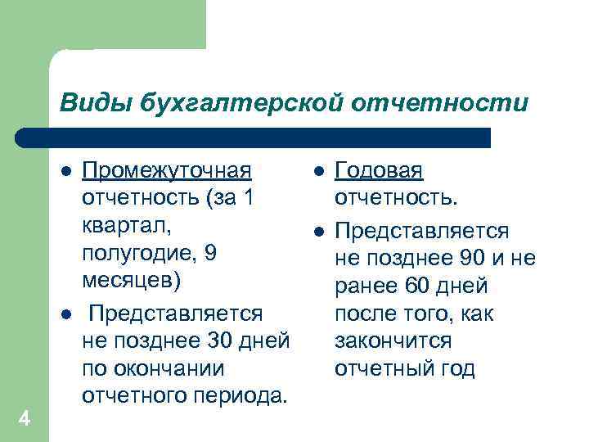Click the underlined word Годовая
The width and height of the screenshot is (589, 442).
380,172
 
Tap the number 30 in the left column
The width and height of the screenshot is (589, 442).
221,341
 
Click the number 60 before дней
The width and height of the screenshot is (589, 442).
423,286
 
